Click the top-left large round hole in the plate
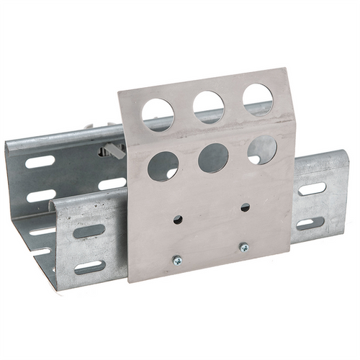158,114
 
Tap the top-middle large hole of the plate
208,107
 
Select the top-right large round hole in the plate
257,99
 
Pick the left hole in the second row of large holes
163,166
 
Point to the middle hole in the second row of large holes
213,158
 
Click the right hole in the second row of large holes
261,150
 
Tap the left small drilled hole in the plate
178,219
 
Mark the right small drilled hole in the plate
245,207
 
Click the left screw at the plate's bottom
177,260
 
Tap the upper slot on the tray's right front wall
312,189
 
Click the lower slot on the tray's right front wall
310,223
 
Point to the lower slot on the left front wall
89,267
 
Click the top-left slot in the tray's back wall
40,161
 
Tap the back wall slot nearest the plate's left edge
112,184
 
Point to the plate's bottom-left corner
130,279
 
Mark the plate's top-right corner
286,69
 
